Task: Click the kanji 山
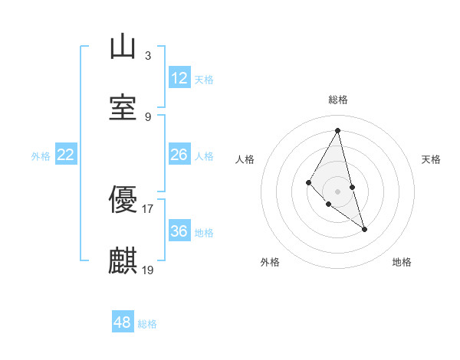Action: pyautogui.click(x=123, y=47)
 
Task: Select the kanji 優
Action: pyautogui.click(x=123, y=201)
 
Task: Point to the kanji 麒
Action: pyautogui.click(x=123, y=261)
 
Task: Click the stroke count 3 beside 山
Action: pyautogui.click(x=148, y=56)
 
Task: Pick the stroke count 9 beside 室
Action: pyautogui.click(x=148, y=116)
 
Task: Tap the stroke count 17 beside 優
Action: pyautogui.click(x=148, y=209)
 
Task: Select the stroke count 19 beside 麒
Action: pyautogui.click(x=148, y=270)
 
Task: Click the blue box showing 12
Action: pyautogui.click(x=179, y=78)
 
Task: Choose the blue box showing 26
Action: pyautogui.click(x=179, y=155)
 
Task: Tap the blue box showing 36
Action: pyautogui.click(x=179, y=231)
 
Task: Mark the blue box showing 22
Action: pyautogui.click(x=66, y=155)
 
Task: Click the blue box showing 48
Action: pyautogui.click(x=123, y=322)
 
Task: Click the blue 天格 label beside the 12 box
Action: pyautogui.click(x=204, y=80)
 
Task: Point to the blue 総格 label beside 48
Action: pyautogui.click(x=147, y=324)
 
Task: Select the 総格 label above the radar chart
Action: pyautogui.click(x=338, y=100)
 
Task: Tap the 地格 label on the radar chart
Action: pyautogui.click(x=402, y=262)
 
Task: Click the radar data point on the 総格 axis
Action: pyautogui.click(x=338, y=130)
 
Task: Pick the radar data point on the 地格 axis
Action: pyautogui.click(x=364, y=229)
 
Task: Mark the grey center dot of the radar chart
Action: pyautogui.click(x=338, y=191)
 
